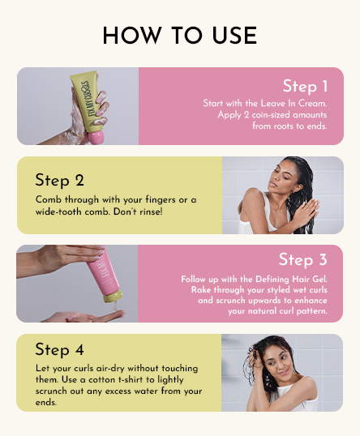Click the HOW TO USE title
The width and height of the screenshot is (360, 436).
pyautogui.click(x=179, y=36)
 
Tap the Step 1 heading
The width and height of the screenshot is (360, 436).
pyautogui.click(x=305, y=87)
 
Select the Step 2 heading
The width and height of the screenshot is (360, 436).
pyautogui.click(x=59, y=180)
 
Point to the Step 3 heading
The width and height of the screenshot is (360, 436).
pyautogui.click(x=302, y=260)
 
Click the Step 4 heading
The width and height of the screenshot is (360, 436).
pyautogui.click(x=59, y=349)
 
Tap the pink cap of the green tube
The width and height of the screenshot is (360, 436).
pyautogui.click(x=96, y=138)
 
